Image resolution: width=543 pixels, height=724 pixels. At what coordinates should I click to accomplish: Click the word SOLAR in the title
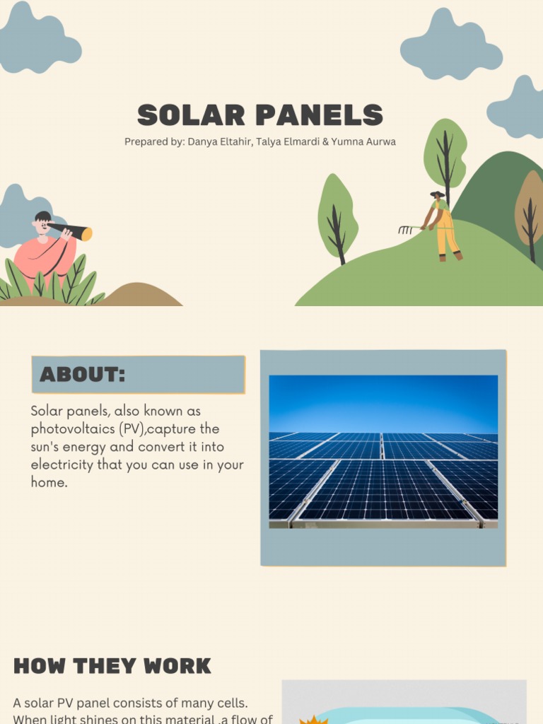click(191, 115)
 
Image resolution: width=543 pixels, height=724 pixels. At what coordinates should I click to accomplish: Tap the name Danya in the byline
click(202, 141)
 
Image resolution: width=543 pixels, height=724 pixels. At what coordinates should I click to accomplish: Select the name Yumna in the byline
click(341, 141)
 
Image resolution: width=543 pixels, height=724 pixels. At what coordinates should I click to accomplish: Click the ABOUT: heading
click(82, 375)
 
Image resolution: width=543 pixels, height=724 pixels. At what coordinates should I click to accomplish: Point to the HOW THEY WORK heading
click(112, 666)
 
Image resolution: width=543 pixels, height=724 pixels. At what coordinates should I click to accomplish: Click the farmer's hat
click(437, 193)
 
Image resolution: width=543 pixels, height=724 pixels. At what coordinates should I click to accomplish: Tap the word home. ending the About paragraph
click(49, 484)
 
